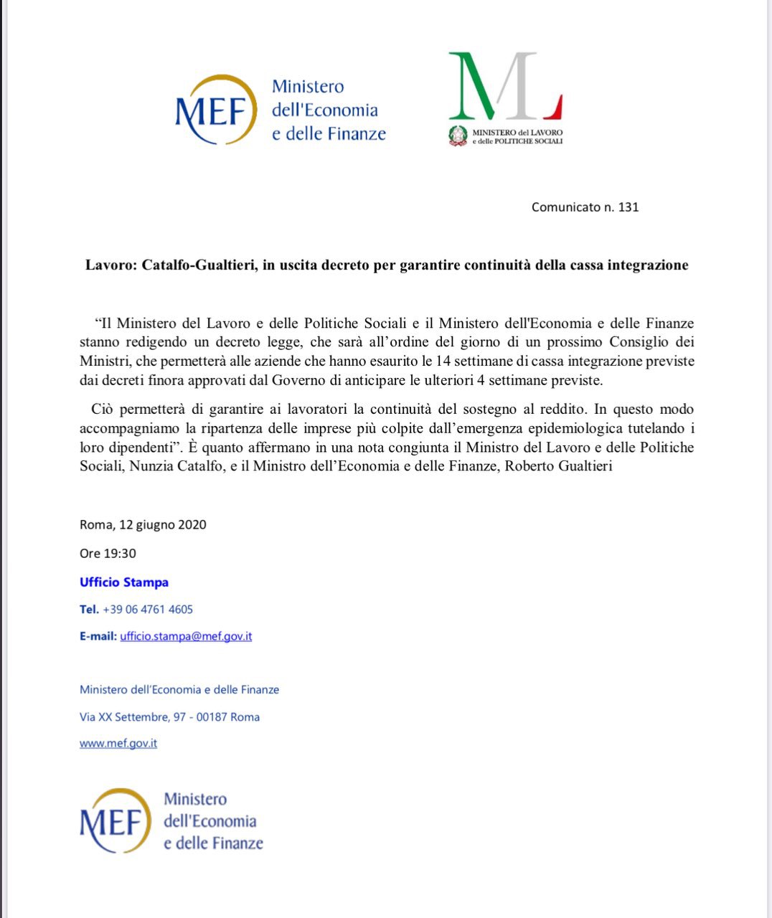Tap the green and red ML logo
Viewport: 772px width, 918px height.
504,86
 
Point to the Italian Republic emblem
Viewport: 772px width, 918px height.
458,136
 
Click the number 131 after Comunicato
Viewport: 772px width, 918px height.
628,207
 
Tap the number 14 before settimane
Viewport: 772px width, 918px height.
443,361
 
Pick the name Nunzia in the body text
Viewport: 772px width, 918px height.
152,466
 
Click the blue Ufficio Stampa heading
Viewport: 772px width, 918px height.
124,582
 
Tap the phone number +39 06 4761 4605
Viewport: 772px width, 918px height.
148,610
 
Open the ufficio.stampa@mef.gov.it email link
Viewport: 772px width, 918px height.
186,636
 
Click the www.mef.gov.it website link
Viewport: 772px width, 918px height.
118,743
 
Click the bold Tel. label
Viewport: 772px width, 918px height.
89,610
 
